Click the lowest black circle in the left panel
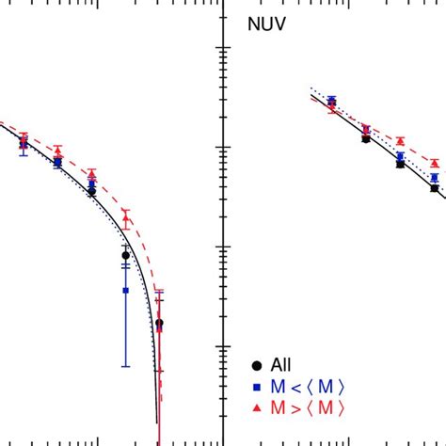[159, 323]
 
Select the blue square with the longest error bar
[125, 291]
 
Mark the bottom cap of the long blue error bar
[125, 366]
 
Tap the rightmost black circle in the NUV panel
[435, 188]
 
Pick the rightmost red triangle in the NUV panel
[435, 162]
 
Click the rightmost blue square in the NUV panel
[435, 177]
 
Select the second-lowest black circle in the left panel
[125, 255]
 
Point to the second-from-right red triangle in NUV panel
[400, 140]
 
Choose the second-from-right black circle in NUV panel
[400, 164]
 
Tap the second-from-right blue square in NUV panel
[400, 156]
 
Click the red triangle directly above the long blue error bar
[125, 215]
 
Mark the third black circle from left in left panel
[91, 191]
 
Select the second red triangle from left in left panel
[57, 151]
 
